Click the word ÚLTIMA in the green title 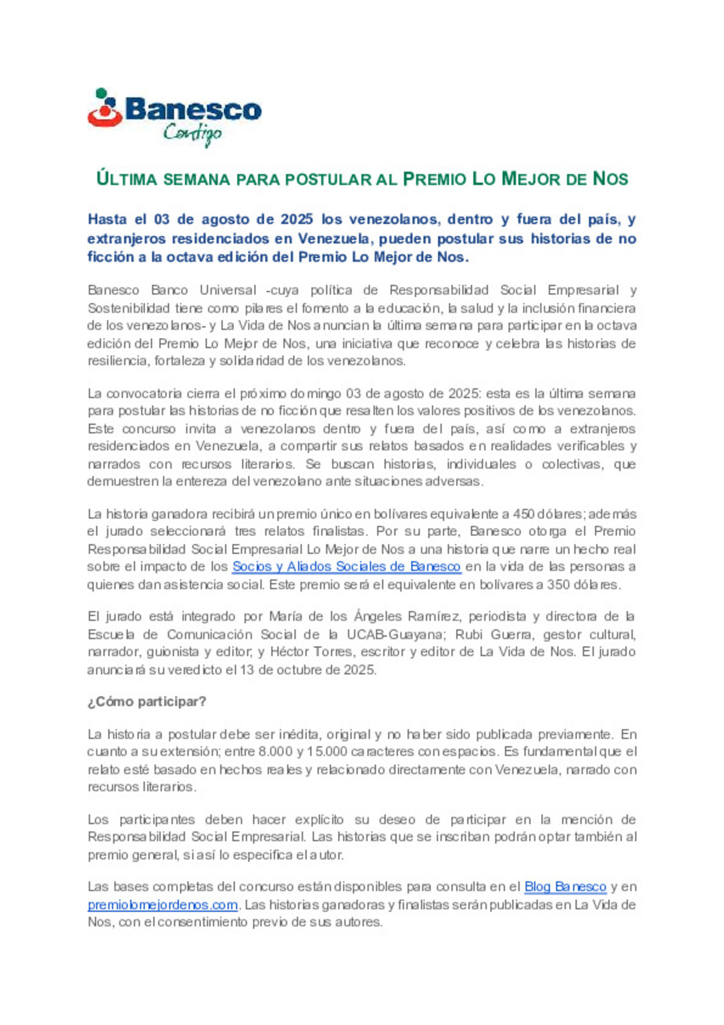click(127, 179)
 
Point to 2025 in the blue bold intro click(296, 219)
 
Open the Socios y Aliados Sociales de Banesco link click(346, 567)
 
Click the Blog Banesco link click(565, 887)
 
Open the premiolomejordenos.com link click(163, 905)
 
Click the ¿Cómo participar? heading click(147, 702)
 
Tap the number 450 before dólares click(524, 515)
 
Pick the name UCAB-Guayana click(395, 635)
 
